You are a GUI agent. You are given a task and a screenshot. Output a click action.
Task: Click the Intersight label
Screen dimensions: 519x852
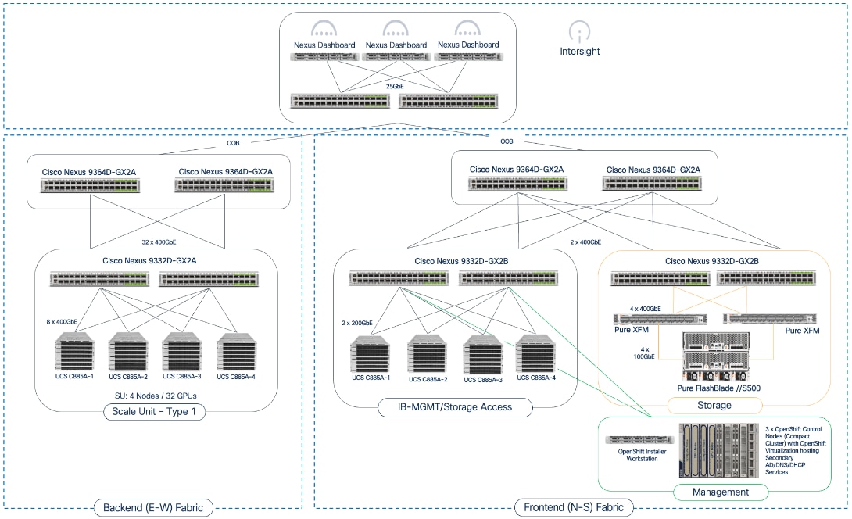point(579,52)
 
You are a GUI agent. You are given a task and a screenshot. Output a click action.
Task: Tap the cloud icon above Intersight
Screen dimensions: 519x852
point(578,30)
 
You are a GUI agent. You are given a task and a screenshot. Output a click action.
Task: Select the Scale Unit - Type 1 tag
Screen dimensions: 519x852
point(155,411)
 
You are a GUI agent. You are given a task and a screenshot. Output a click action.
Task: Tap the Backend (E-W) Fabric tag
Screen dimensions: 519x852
point(152,508)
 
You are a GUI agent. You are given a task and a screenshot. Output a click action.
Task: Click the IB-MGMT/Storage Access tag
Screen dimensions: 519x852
point(456,406)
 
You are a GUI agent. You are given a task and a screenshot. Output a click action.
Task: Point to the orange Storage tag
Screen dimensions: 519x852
point(714,405)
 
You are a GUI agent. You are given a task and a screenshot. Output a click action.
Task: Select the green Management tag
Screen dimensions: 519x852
point(720,492)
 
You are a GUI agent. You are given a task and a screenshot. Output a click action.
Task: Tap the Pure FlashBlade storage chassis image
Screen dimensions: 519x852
point(715,356)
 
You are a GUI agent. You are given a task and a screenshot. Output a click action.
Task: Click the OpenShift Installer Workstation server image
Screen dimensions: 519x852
point(637,439)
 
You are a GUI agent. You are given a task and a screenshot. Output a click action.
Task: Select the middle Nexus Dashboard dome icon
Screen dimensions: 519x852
point(396,30)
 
